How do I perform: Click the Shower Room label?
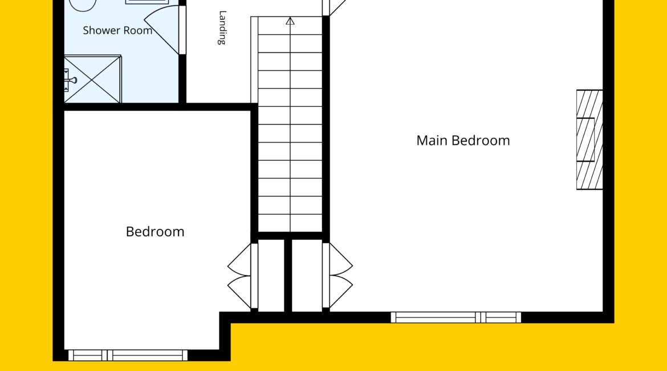click(x=117, y=31)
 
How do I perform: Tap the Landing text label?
click(x=222, y=28)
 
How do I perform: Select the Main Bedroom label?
click(x=463, y=140)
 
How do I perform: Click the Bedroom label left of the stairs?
click(x=155, y=232)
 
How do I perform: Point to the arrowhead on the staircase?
click(x=290, y=21)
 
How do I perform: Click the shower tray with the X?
click(x=92, y=79)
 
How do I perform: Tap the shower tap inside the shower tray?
click(x=70, y=80)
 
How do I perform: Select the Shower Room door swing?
click(x=164, y=29)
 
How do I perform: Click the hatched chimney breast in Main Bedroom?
click(x=589, y=140)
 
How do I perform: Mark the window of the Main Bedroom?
click(x=456, y=317)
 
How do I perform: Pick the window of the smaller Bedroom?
click(x=128, y=355)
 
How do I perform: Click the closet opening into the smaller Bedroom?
click(x=271, y=276)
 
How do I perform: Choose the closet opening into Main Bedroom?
click(x=307, y=276)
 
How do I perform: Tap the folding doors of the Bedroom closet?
click(x=239, y=276)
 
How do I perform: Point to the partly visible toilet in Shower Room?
click(x=83, y=5)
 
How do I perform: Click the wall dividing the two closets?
click(x=288, y=276)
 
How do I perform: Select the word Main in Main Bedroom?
click(x=432, y=140)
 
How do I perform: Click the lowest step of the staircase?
click(x=290, y=223)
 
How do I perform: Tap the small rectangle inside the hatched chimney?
click(x=585, y=140)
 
